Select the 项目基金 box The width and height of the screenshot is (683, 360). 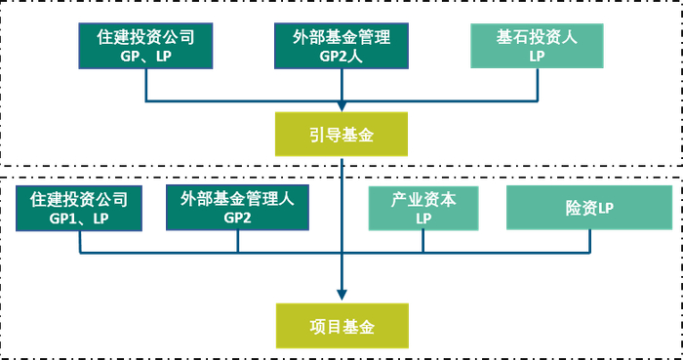[x=341, y=324]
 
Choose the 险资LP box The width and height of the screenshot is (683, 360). [x=589, y=208]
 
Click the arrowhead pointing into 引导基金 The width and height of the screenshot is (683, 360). [x=341, y=107]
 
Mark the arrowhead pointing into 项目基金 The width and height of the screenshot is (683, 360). [x=341, y=296]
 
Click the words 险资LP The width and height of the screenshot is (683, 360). [x=589, y=208]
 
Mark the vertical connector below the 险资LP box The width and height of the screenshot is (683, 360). [x=590, y=242]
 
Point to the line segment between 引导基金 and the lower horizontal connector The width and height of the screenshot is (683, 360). [x=341, y=200]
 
